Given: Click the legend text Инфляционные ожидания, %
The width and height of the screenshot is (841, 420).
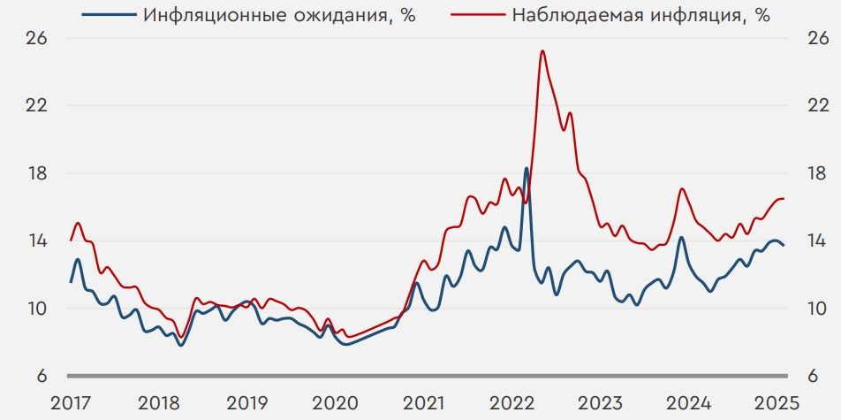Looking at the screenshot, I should (279, 15).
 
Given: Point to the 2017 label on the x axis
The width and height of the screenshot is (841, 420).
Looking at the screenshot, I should (71, 402).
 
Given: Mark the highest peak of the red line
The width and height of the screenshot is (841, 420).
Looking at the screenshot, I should (542, 51).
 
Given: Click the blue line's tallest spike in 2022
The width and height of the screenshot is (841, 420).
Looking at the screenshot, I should (527, 168).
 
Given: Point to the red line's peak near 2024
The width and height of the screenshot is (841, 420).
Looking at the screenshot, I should (680, 188).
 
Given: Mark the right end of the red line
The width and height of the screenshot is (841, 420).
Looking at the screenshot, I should (784, 198).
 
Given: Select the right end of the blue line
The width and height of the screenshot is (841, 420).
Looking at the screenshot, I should (784, 245).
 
